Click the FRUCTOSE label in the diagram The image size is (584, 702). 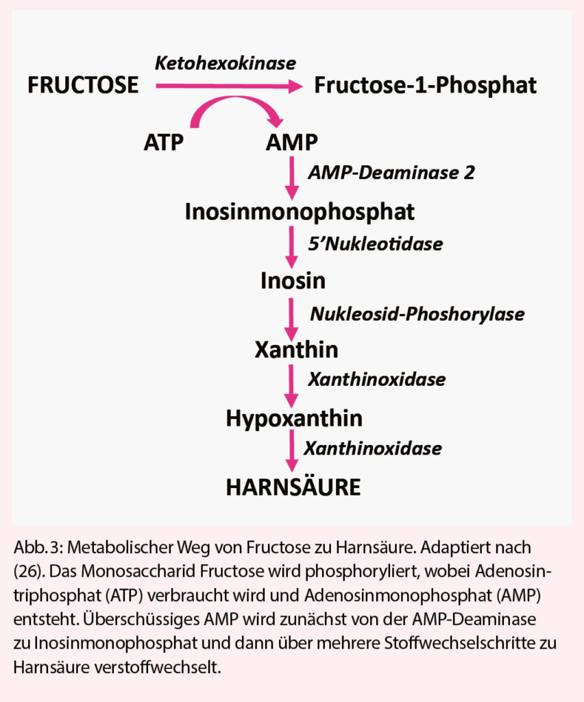(x=83, y=86)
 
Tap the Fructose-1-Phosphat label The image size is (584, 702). (x=425, y=86)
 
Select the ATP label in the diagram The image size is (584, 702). (x=165, y=143)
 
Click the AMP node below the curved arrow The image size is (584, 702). (x=291, y=143)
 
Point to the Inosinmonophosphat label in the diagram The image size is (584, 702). (x=300, y=212)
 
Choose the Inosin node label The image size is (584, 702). (x=293, y=281)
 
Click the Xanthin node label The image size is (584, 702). (x=296, y=350)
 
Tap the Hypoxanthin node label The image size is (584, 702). (x=294, y=417)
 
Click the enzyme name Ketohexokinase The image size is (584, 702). (x=226, y=64)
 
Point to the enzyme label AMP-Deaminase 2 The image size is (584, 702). (x=391, y=173)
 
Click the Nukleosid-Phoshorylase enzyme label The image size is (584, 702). (x=417, y=314)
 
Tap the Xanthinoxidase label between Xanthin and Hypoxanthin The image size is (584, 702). (x=377, y=380)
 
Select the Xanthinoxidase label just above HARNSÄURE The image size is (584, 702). (x=373, y=449)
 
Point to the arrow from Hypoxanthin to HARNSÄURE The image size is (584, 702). (x=293, y=452)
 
